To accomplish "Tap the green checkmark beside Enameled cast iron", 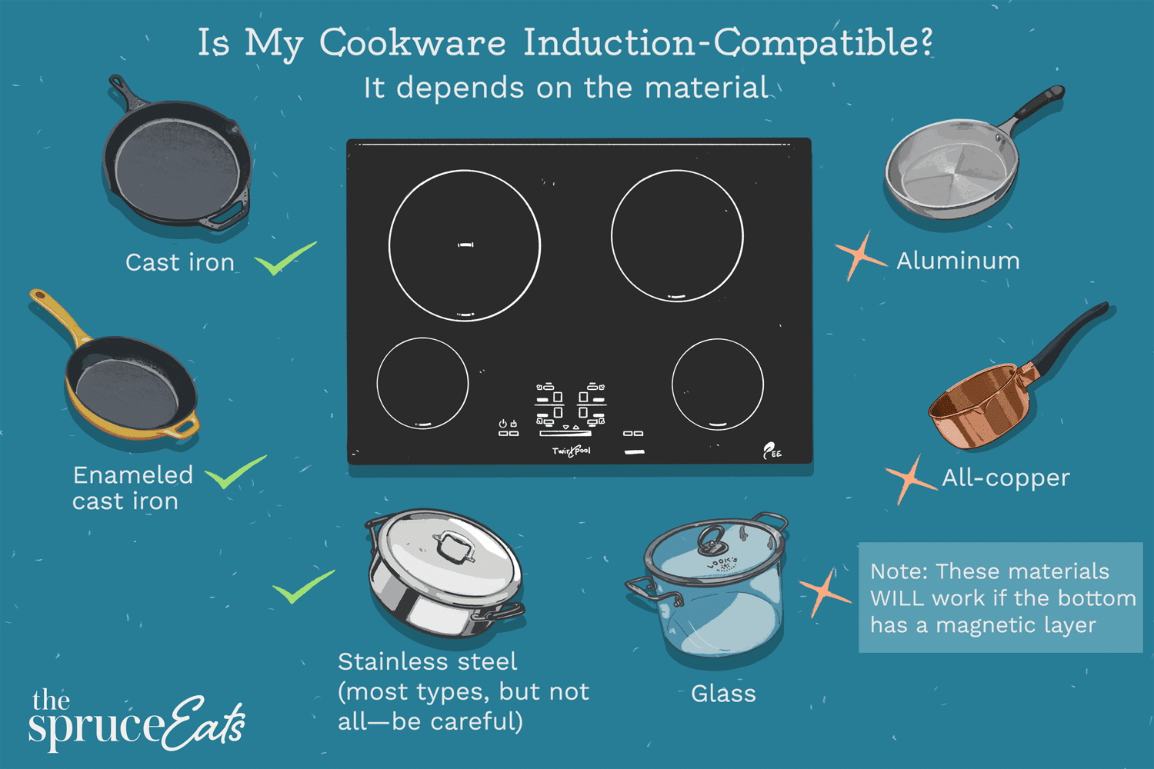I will point(235,471).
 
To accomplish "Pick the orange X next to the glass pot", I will point(824,592).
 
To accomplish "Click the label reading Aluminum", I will point(958,261).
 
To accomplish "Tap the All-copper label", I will point(1006,478).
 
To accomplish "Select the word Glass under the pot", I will point(723,694).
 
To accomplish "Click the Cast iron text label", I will point(179,263).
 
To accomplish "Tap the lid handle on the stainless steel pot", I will point(453,546).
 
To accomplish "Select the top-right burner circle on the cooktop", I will point(677,235).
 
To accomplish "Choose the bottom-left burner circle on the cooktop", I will point(422,383).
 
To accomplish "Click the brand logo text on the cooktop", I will point(571,451).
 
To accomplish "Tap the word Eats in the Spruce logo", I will point(203,723).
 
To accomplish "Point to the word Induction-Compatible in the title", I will point(727,43).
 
